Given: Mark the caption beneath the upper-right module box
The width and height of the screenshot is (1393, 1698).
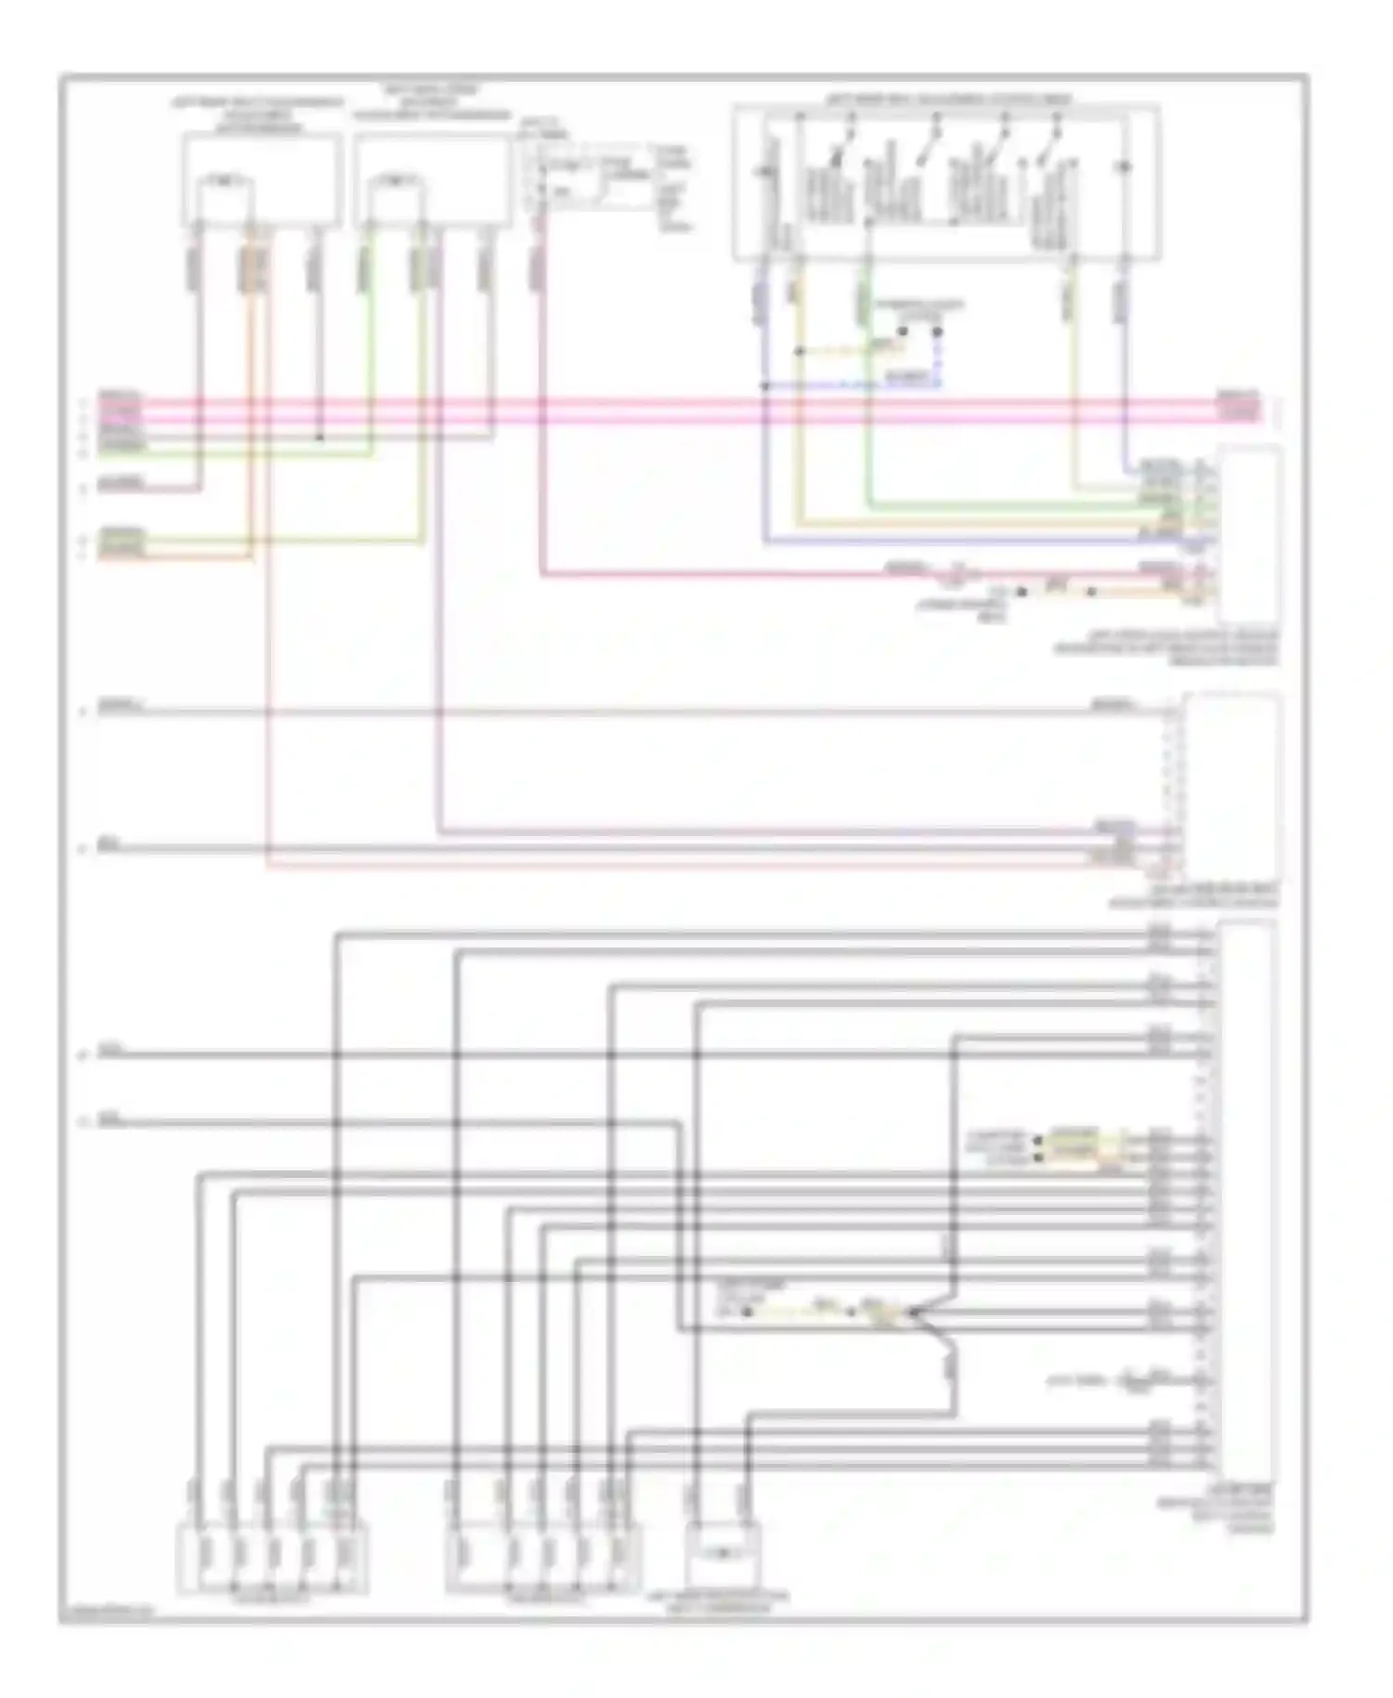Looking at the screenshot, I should click(1166, 648).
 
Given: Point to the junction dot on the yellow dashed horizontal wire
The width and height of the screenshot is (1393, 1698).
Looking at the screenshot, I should click(800, 351).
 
